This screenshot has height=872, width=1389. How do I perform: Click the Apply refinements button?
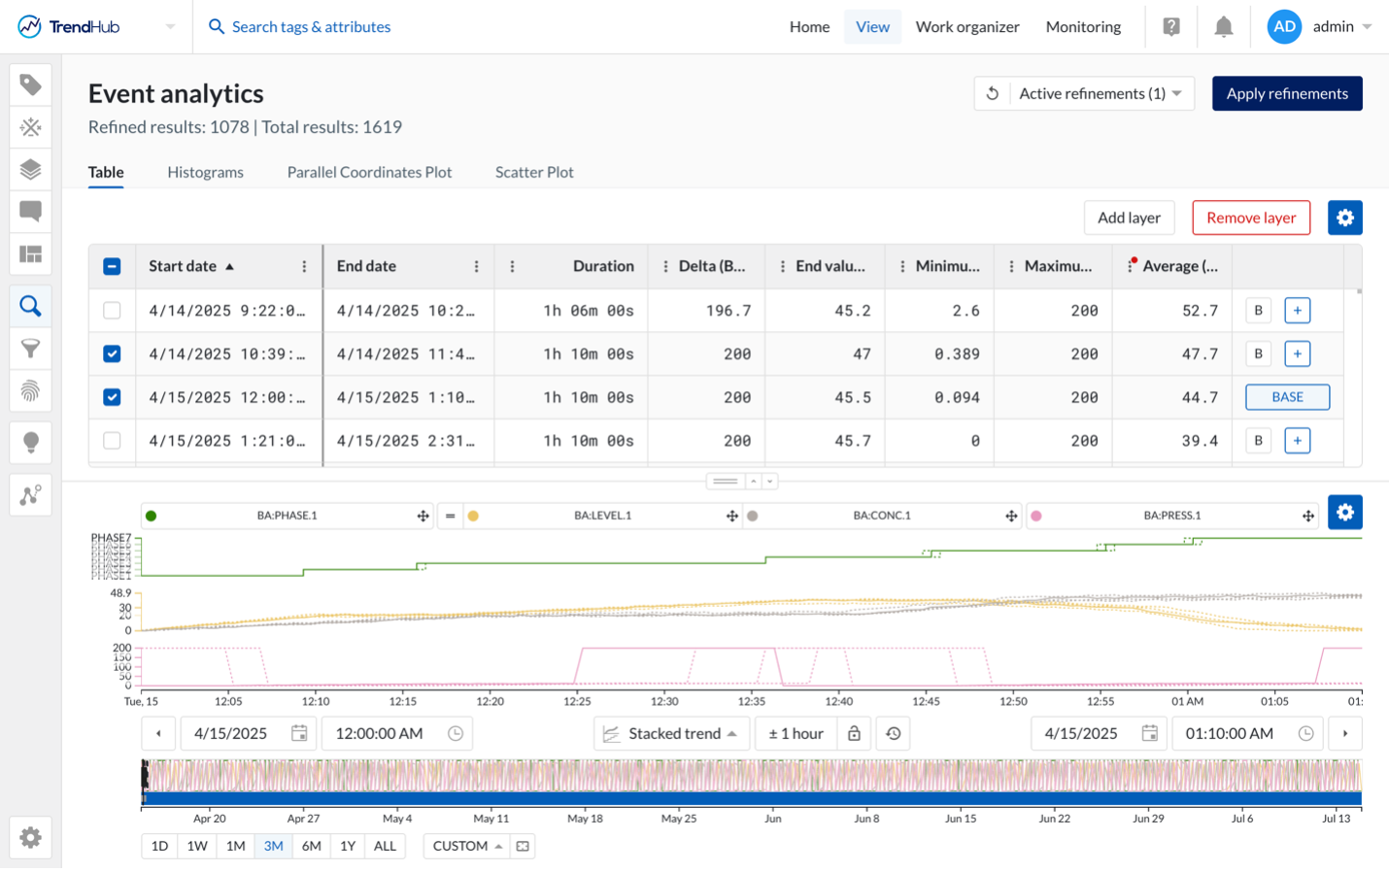coord(1286,93)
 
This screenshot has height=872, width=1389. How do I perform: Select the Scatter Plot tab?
coord(533,172)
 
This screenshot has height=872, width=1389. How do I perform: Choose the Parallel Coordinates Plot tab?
coord(369,172)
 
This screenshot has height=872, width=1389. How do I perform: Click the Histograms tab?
coord(205,172)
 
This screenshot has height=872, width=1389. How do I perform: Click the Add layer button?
coord(1128,218)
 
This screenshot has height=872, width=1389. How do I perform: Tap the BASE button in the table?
coord(1287,397)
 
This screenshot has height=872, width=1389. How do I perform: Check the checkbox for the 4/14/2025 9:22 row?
coord(112,311)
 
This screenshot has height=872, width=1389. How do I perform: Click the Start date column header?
coord(183,266)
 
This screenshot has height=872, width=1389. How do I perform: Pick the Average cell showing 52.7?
coord(1199,311)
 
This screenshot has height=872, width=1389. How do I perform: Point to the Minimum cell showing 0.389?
coord(956,354)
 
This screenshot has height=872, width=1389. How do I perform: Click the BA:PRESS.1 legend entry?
coord(1171,516)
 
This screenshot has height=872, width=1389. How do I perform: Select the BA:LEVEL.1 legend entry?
coord(602,516)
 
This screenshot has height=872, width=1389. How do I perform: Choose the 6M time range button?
coord(311,846)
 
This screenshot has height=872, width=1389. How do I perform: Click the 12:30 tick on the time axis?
coord(664,701)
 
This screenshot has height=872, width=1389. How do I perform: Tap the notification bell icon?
coord(1223,27)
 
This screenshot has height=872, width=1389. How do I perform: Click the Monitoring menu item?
coord(1083,27)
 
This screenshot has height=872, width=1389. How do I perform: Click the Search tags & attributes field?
coord(311,27)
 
